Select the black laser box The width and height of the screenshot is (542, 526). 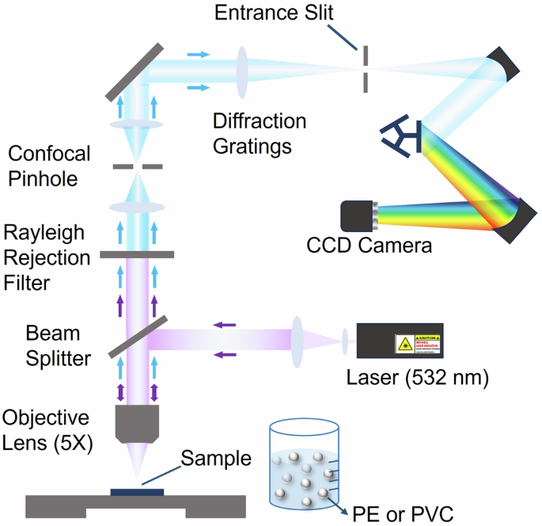click(399, 342)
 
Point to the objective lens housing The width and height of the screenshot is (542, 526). click(138, 422)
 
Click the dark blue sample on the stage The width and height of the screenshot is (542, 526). click(138, 492)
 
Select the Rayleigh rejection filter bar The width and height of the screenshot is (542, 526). click(137, 255)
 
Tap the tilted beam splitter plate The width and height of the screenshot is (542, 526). click(137, 337)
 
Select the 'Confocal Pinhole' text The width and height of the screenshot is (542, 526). click(47, 166)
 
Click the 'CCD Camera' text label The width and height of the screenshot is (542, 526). click(370, 246)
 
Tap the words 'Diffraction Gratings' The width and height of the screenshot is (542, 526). click(260, 134)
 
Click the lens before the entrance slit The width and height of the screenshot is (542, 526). click(241, 72)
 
